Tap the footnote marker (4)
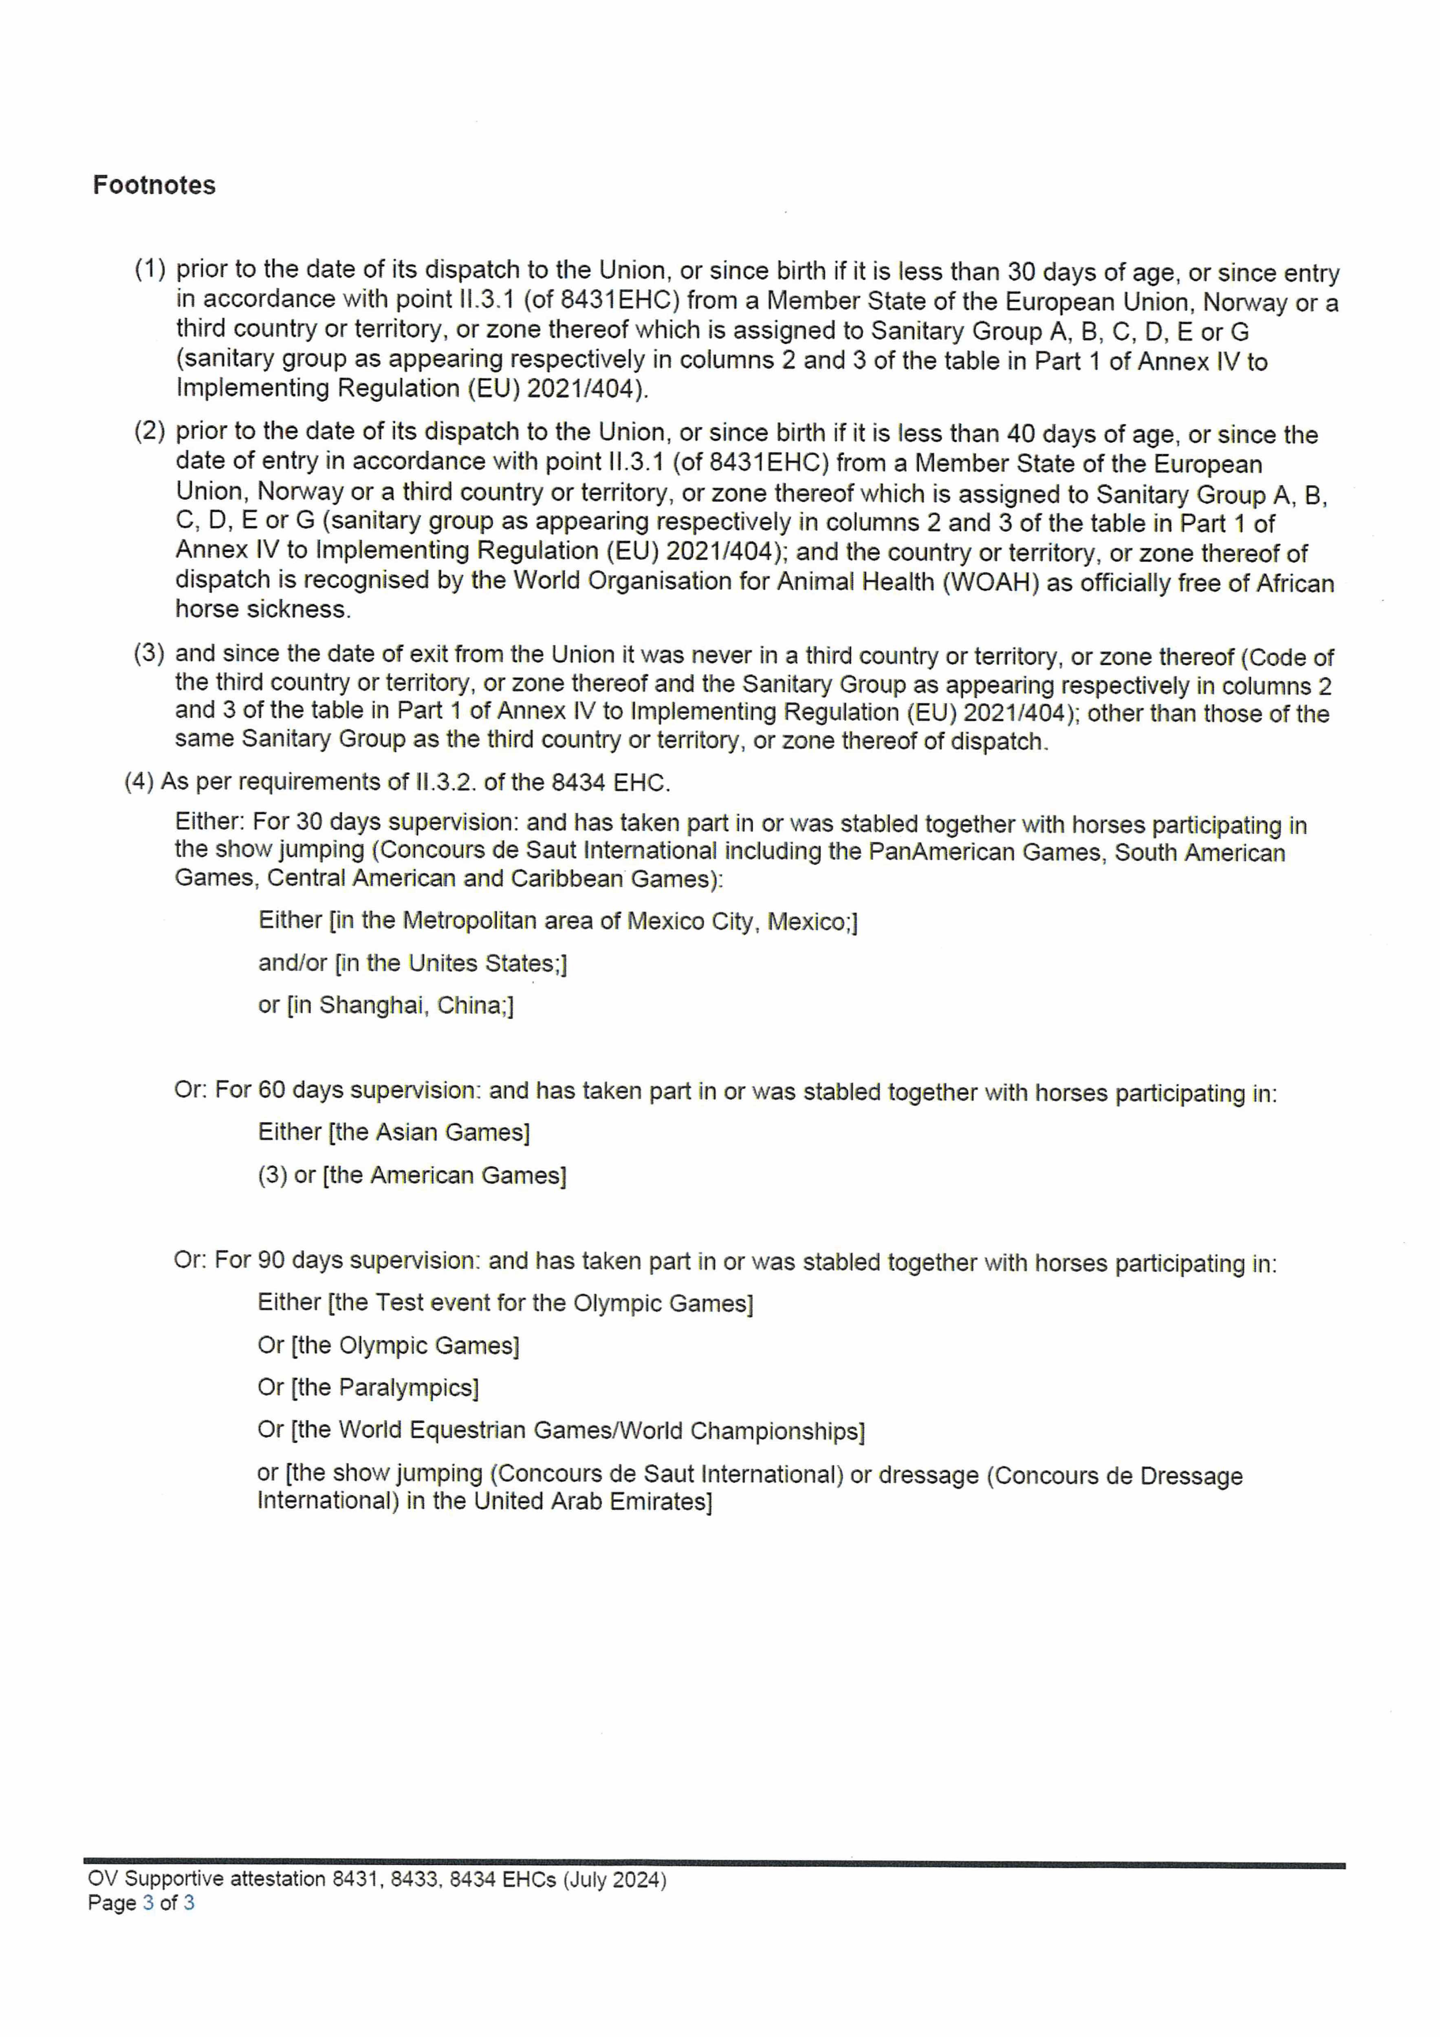coord(139,782)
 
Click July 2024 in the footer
coord(615,1879)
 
